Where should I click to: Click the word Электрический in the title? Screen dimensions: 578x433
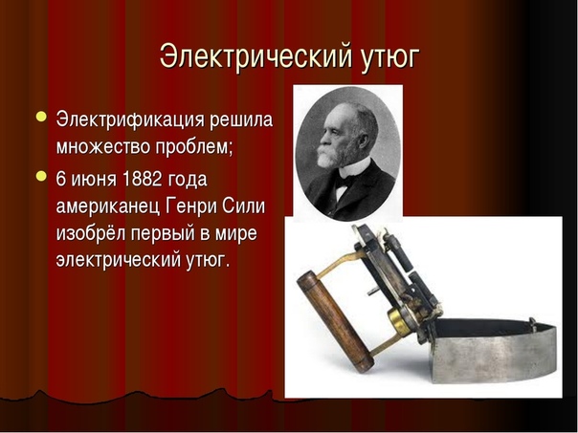[x=256, y=56]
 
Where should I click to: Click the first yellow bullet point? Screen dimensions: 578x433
[x=41, y=117]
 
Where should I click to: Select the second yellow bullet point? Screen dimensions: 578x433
[x=41, y=176]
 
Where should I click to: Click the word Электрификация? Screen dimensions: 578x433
[x=130, y=120]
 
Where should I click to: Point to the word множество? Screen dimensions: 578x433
[x=103, y=146]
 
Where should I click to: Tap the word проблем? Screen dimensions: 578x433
[x=194, y=147]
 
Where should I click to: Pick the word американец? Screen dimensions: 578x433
[x=108, y=206]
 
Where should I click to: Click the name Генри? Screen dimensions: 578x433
[x=191, y=206]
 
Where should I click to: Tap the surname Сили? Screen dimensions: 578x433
[x=243, y=206]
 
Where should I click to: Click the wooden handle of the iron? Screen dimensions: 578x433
[x=335, y=321]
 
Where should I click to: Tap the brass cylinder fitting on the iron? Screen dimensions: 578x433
[x=400, y=321]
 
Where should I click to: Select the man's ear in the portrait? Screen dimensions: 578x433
[x=364, y=141]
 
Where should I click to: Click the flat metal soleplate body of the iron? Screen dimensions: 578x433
[x=494, y=355]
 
